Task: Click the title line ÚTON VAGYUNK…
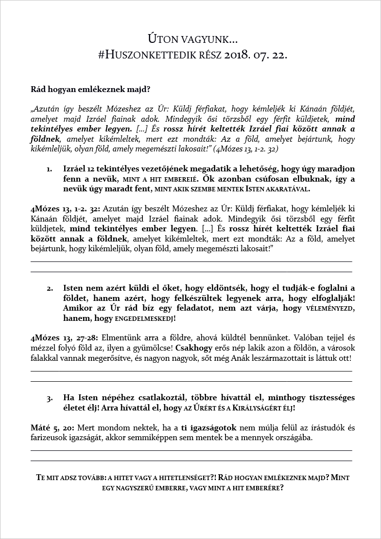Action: point(192,38)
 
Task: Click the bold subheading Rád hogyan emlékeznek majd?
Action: point(90,89)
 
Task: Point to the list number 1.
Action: point(50,169)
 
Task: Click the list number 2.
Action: point(50,288)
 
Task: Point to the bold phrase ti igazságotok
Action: point(208,428)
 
